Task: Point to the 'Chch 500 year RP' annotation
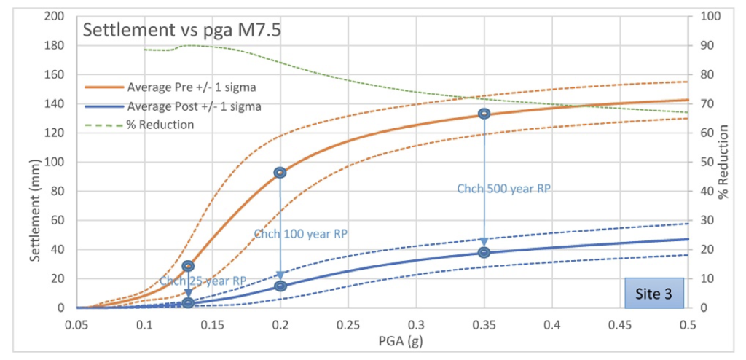tap(503, 189)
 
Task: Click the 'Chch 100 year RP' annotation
tap(300, 234)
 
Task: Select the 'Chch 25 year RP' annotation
tap(203, 281)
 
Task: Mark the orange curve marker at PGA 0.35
tap(484, 114)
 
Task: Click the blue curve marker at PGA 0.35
tap(484, 252)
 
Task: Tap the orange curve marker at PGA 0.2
tap(280, 173)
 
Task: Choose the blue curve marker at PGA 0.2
tap(280, 286)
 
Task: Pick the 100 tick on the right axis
tap(710, 16)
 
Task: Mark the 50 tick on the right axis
tap(707, 162)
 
